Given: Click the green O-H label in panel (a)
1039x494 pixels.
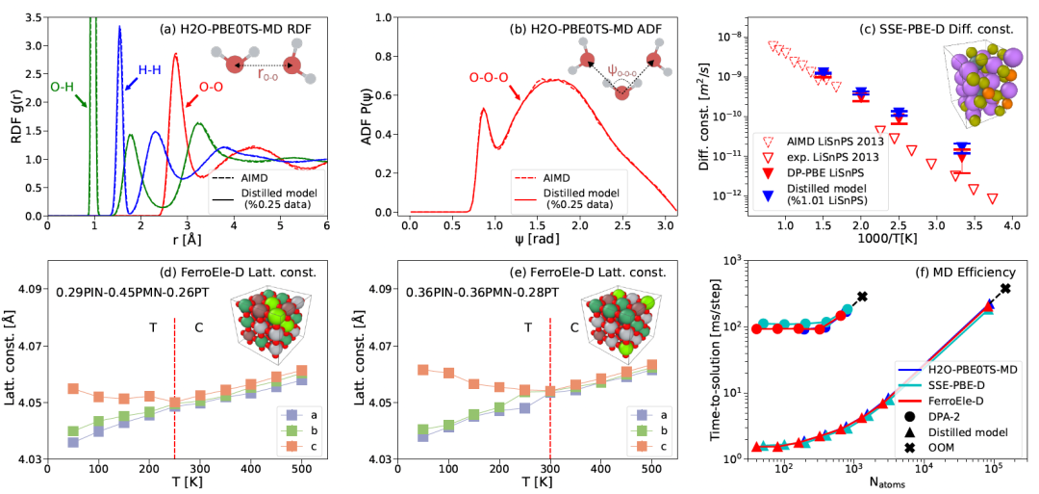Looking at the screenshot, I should click(x=63, y=88).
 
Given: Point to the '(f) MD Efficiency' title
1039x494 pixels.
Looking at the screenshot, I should click(x=965, y=272).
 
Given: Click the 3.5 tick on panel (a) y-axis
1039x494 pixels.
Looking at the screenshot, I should click(x=33, y=17).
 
